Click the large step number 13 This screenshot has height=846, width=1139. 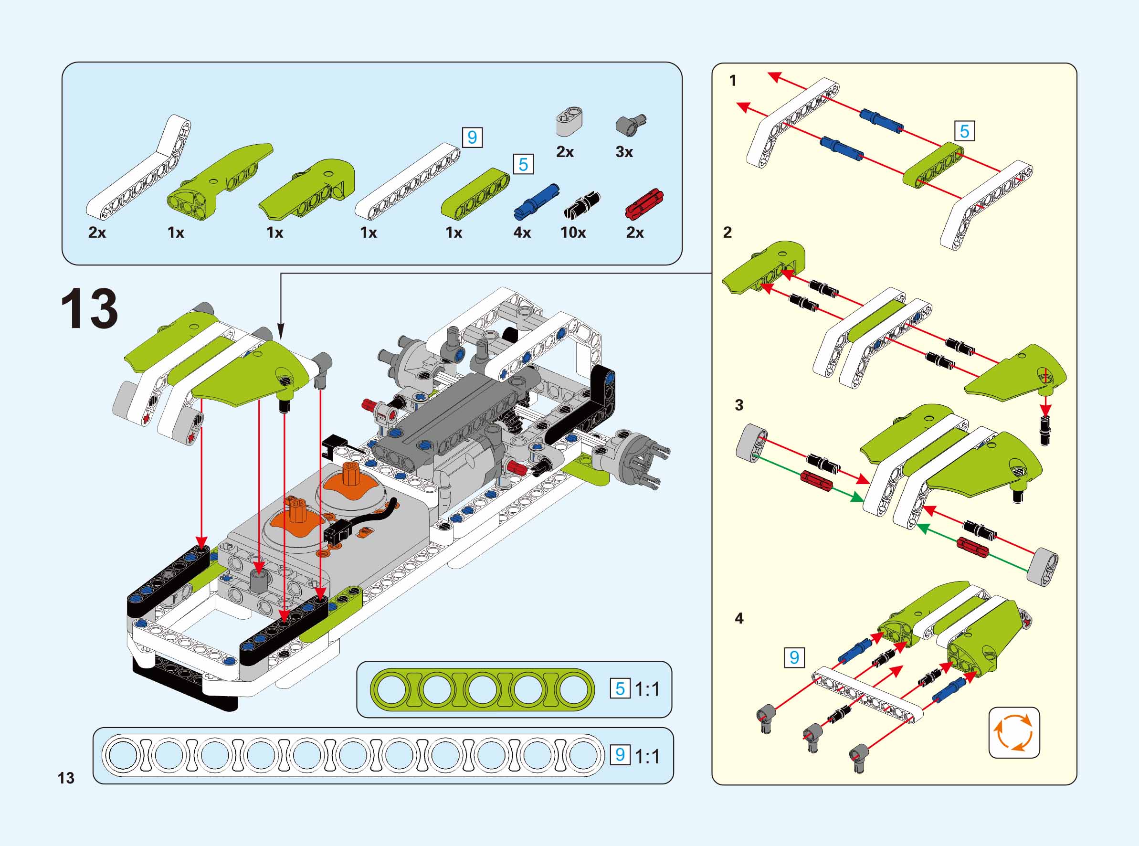89,309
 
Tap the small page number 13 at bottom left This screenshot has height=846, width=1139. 66,778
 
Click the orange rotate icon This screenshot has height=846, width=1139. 1013,733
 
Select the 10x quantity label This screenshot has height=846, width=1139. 573,233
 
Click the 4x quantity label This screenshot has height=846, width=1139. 522,233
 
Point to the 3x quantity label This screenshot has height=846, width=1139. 623,152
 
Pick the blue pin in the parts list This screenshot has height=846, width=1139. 537,201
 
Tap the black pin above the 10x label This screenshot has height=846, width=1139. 582,204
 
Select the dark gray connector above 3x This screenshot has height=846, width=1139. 630,124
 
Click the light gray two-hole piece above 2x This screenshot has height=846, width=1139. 570,121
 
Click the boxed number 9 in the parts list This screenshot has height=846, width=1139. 472,137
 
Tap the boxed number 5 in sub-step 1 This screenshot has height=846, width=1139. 964,131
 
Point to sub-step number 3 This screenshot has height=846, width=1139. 738,405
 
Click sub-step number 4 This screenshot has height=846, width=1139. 738,618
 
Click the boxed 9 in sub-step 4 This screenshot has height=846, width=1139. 794,657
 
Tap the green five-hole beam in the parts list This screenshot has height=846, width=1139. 475,193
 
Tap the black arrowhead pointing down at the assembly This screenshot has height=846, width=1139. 280,330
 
